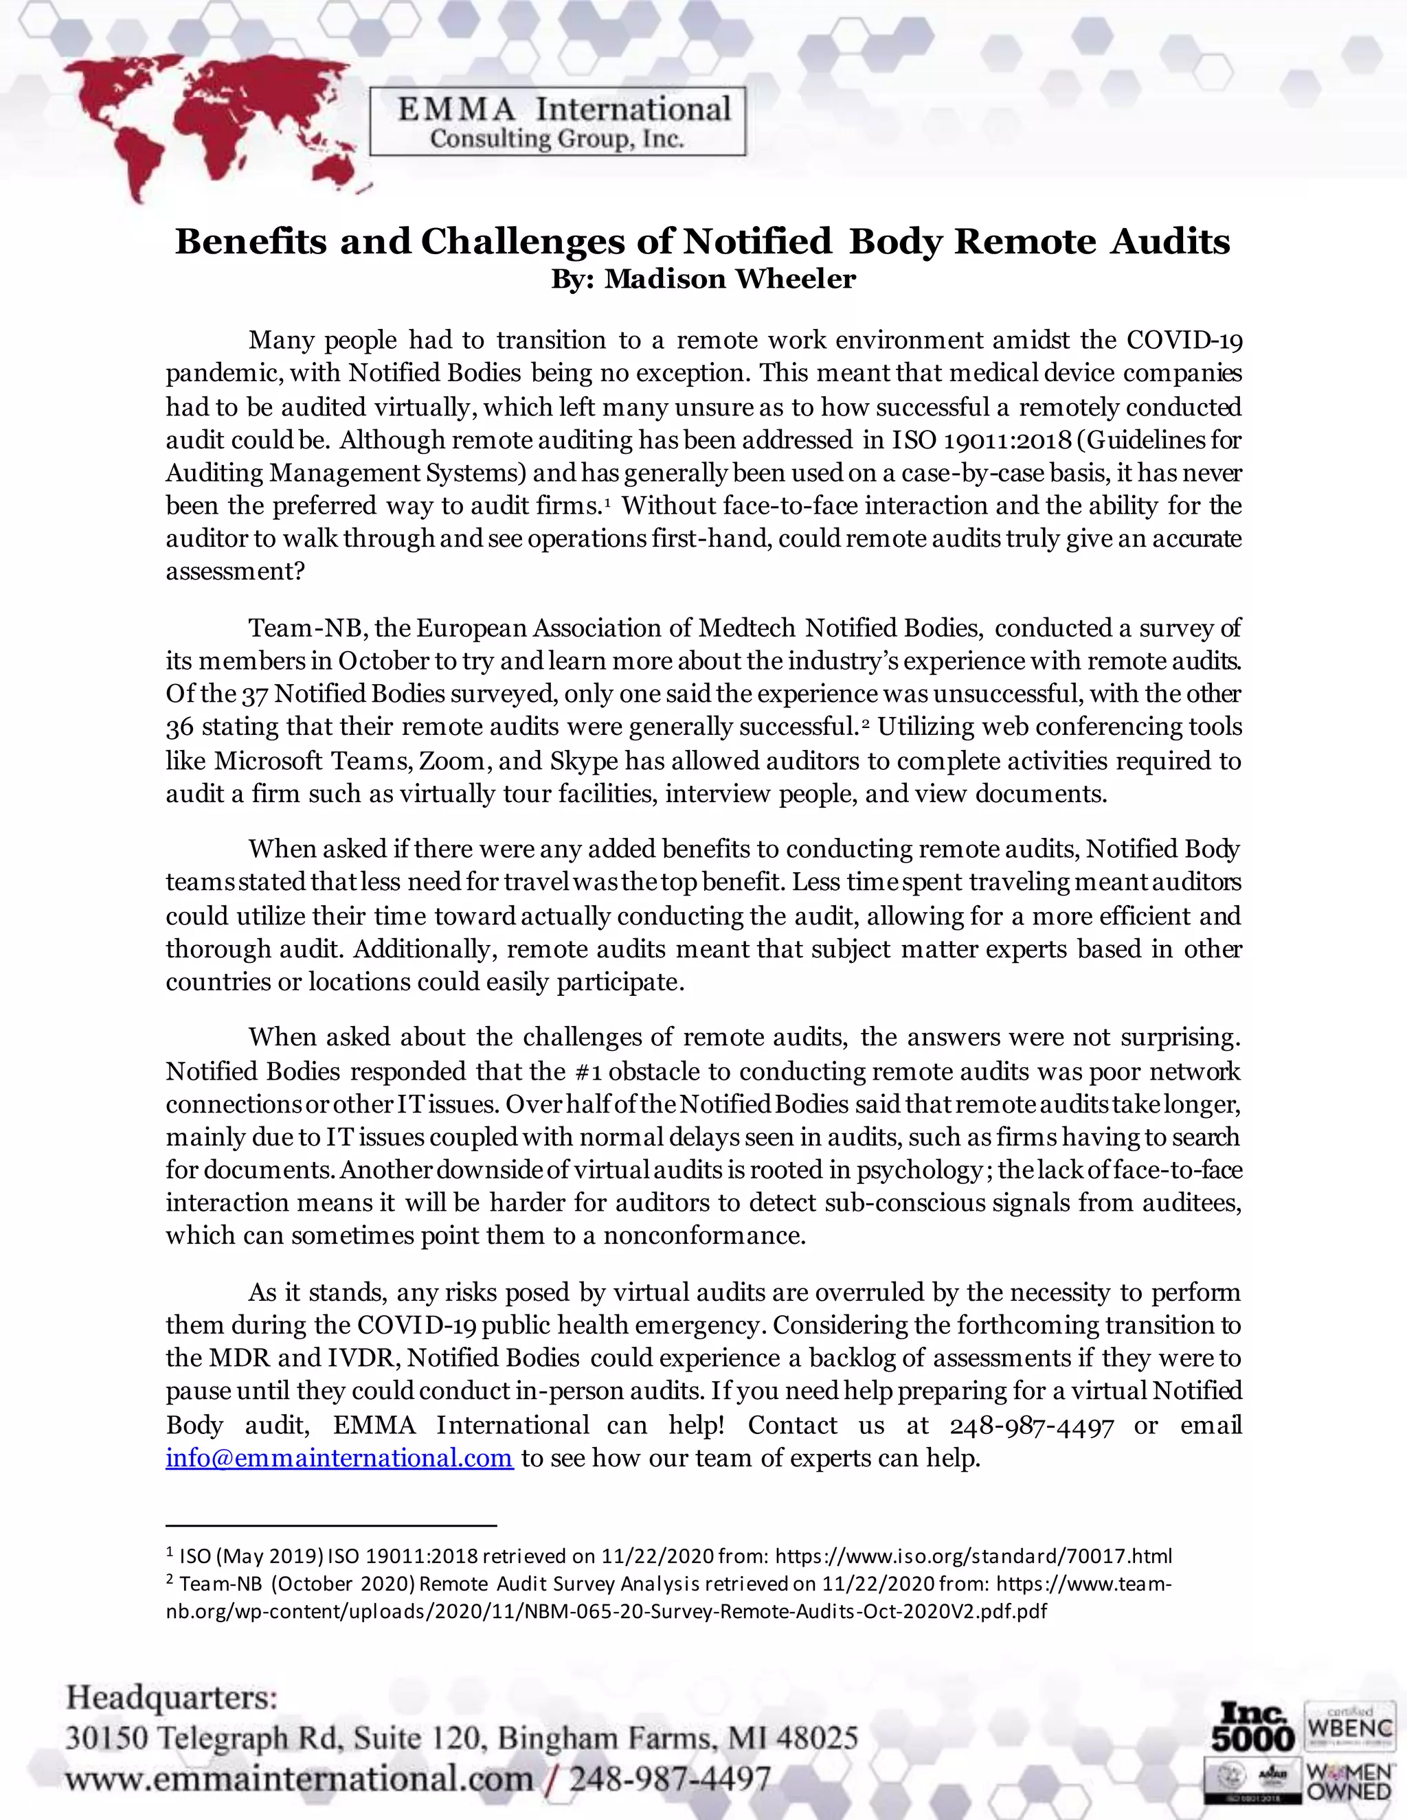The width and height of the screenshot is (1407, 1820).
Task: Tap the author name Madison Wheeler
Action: click(730, 279)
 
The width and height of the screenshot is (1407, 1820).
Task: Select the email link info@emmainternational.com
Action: click(339, 1457)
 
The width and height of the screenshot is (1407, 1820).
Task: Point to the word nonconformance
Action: click(704, 1236)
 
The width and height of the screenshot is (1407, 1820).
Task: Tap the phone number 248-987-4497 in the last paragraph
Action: click(1031, 1426)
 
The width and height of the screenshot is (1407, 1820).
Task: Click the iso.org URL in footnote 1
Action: click(973, 1556)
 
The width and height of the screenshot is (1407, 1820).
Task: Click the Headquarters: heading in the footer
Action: click(172, 1698)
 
